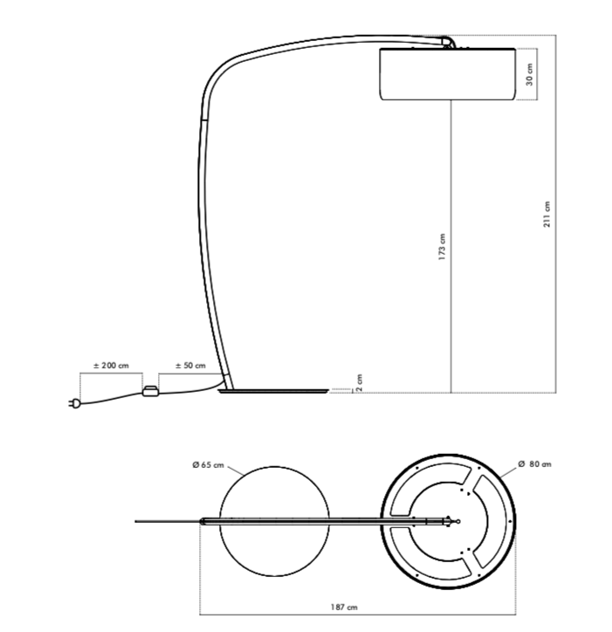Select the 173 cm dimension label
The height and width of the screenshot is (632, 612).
click(x=443, y=247)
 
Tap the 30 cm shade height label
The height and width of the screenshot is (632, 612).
click(x=529, y=75)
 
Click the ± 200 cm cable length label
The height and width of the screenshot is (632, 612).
click(x=111, y=365)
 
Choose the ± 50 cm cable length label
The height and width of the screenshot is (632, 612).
click(x=190, y=365)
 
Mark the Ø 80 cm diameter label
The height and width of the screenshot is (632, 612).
click(x=534, y=464)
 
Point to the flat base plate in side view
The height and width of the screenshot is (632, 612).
click(x=275, y=393)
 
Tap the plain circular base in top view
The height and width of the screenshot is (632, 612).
click(x=275, y=521)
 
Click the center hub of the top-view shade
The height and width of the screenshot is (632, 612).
click(x=452, y=521)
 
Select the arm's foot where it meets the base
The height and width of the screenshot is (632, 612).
click(x=227, y=381)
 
